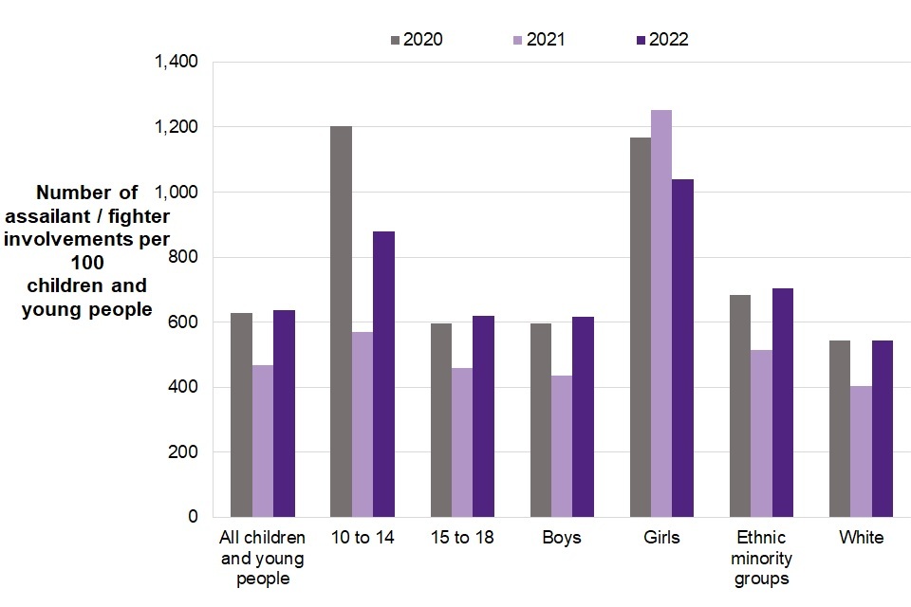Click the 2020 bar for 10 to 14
[341, 322]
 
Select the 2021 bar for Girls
[661, 314]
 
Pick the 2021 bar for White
[861, 451]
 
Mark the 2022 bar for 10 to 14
[383, 375]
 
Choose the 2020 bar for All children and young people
[241, 418]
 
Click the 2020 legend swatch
[395, 40]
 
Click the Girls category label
[661, 538]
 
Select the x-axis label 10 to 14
[362, 538]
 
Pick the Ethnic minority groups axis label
[761, 558]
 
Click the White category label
[861, 538]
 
